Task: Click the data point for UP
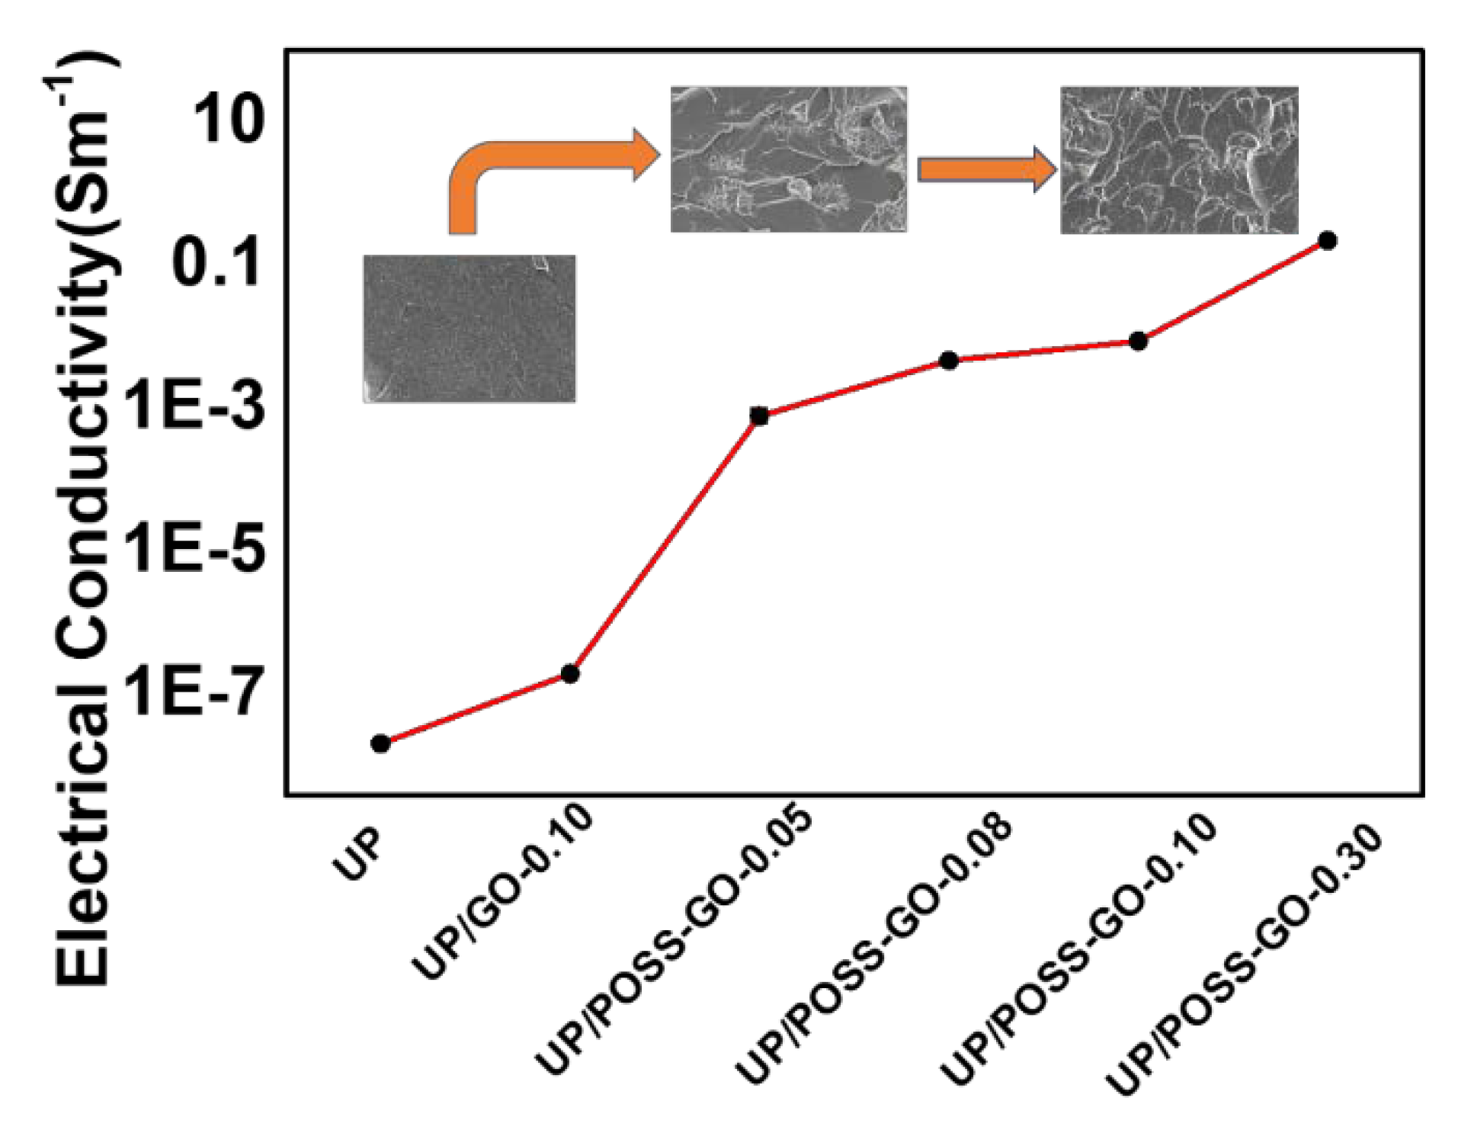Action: click(x=380, y=743)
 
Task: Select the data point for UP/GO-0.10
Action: click(x=569, y=673)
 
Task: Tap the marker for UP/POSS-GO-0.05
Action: click(x=759, y=416)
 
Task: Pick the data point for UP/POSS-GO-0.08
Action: click(x=949, y=360)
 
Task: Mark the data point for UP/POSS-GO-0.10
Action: click(x=1138, y=342)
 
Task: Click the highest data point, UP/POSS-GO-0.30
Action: click(x=1327, y=241)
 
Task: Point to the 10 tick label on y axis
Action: click(x=228, y=120)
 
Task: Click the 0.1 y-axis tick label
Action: click(x=217, y=262)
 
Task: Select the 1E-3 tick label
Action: click(x=196, y=405)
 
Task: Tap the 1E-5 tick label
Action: click(x=196, y=548)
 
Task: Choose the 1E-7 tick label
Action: click(x=196, y=691)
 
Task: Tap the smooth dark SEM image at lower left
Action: click(x=469, y=329)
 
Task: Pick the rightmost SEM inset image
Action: click(x=1178, y=159)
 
